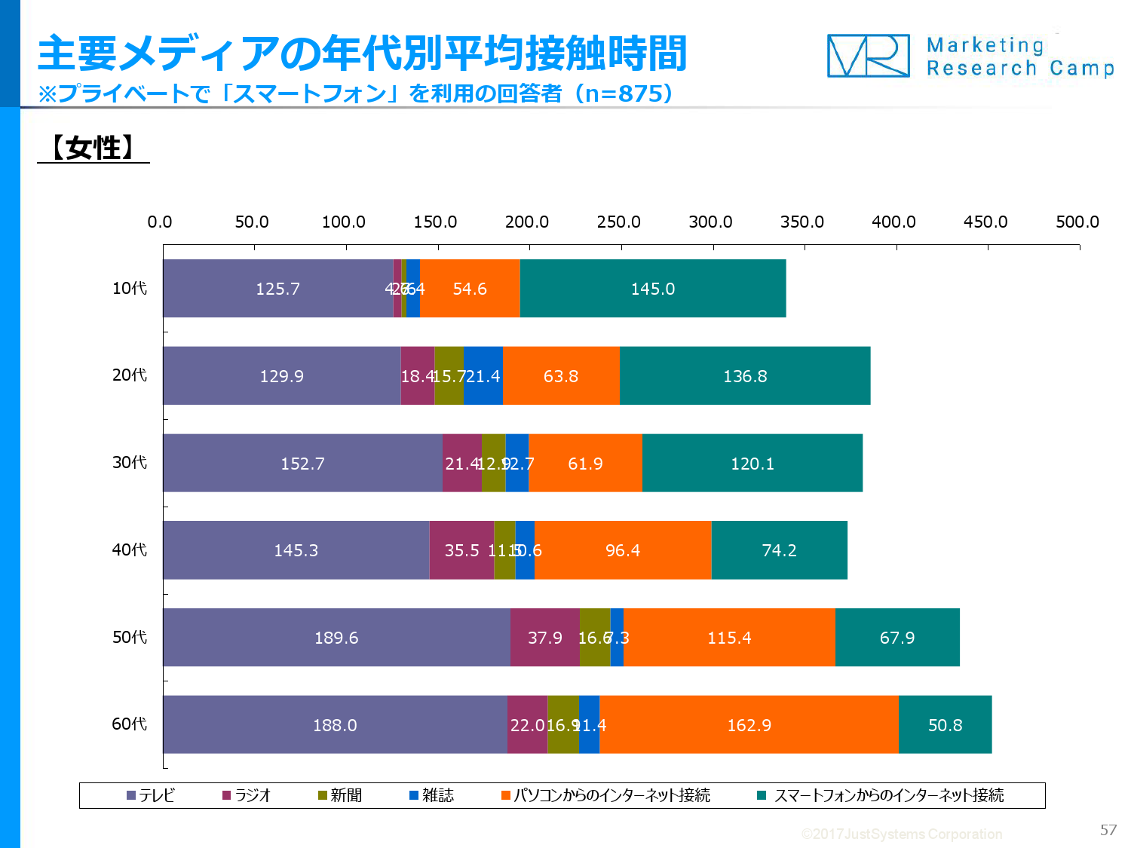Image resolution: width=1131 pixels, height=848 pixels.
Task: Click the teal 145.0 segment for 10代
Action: (653, 289)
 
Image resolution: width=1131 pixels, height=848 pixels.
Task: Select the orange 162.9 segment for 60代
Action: (749, 724)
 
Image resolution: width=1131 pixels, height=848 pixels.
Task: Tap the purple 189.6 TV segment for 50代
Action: (336, 638)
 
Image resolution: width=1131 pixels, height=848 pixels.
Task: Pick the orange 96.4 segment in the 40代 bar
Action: (623, 550)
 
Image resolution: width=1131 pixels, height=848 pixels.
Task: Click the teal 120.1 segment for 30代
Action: (752, 464)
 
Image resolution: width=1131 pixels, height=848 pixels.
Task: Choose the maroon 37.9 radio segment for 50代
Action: (545, 638)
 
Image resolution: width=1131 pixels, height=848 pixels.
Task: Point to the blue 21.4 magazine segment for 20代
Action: (483, 376)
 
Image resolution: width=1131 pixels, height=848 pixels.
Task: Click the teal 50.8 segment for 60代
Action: (945, 724)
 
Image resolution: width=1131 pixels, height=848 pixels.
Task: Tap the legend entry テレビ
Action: (151, 795)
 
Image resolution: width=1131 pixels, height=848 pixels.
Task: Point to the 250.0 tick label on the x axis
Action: (618, 222)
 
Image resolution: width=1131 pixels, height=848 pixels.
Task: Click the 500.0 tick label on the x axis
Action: (1077, 222)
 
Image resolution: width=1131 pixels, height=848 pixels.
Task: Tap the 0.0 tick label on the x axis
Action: (160, 222)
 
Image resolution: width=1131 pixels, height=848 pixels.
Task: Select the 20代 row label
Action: (130, 375)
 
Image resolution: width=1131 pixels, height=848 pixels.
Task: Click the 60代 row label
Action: (130, 724)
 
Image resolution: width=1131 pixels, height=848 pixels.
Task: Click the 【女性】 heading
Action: (93, 148)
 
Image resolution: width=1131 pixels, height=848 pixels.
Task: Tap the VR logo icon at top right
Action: (869, 56)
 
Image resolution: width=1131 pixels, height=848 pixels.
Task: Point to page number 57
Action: (1108, 830)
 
